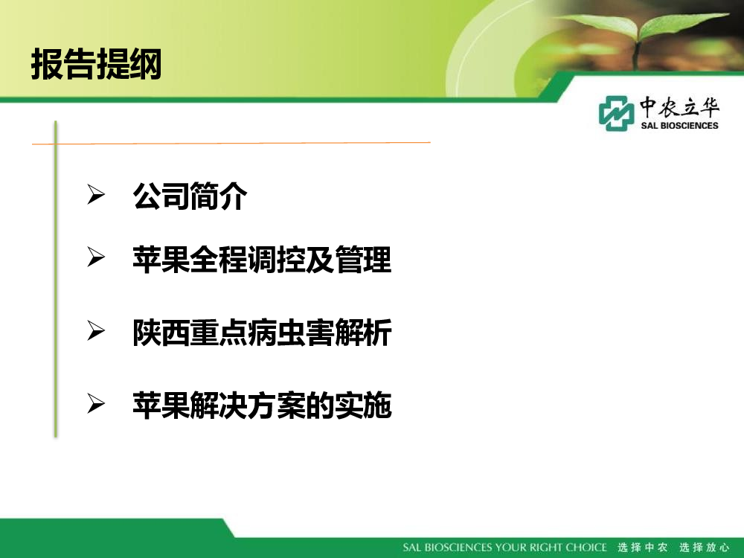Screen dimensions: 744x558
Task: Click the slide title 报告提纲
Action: [x=96, y=64]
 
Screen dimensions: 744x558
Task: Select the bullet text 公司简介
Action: [x=190, y=196]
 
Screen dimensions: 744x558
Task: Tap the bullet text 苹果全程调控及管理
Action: [x=262, y=260]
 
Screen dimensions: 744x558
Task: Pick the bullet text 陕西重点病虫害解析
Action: [x=262, y=332]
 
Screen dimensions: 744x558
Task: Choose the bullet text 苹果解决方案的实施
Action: [x=262, y=405]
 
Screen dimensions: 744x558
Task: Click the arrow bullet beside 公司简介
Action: [x=96, y=194]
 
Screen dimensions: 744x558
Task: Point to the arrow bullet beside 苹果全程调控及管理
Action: [x=96, y=257]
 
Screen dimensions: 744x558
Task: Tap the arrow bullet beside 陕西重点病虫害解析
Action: [x=96, y=330]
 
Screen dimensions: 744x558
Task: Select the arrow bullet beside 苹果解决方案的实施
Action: [x=96, y=403]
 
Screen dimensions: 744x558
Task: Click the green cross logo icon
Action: [x=616, y=113]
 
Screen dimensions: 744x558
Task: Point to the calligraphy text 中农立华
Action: [x=679, y=106]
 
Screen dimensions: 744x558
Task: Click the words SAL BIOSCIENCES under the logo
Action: [x=679, y=126]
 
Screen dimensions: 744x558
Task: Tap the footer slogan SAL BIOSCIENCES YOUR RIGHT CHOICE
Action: [x=505, y=547]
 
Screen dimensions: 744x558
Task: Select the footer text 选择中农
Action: [x=643, y=547]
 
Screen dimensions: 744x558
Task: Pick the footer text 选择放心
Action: [x=704, y=547]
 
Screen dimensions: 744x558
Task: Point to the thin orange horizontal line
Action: [x=231, y=142]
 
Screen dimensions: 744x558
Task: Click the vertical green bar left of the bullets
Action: [x=56, y=279]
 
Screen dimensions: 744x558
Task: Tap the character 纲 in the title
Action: [x=146, y=64]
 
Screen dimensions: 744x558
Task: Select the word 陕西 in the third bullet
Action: [x=161, y=332]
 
